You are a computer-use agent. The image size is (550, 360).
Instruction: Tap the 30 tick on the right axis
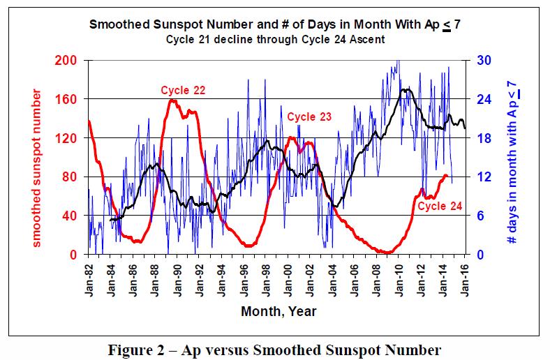click(x=484, y=61)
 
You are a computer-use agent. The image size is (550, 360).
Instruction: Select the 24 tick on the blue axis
click(x=484, y=100)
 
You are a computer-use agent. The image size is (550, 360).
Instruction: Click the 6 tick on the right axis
click(x=481, y=216)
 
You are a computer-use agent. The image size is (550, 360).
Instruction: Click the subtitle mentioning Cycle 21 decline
click(x=276, y=40)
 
